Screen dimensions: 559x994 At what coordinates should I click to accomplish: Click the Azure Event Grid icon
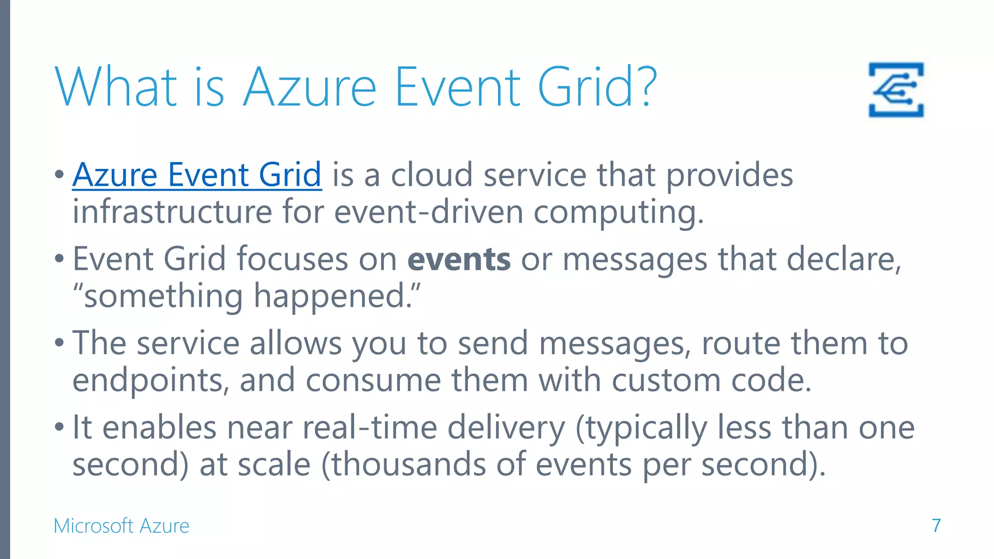pyautogui.click(x=896, y=90)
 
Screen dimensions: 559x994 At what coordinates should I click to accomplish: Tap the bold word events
pyautogui.click(x=459, y=259)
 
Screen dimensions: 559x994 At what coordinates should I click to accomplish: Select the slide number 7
pyautogui.click(x=936, y=526)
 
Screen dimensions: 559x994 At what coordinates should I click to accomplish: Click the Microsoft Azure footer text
pyautogui.click(x=121, y=526)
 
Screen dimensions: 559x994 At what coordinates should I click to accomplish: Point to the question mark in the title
pyautogui.click(x=647, y=87)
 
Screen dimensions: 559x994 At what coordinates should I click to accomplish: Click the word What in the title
pyautogui.click(x=116, y=87)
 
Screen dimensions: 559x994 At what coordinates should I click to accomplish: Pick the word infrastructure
pyautogui.click(x=172, y=212)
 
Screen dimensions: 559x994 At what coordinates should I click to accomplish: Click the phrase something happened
pyautogui.click(x=247, y=296)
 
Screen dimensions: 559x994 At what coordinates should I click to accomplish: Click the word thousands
pyautogui.click(x=408, y=464)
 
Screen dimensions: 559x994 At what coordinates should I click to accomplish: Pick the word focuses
pyautogui.click(x=292, y=259)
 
